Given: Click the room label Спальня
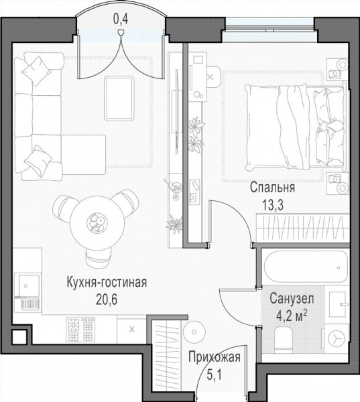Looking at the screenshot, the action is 272,188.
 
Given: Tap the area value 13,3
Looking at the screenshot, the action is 273,205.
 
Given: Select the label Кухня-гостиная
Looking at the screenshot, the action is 107,283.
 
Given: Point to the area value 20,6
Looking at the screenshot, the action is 107,299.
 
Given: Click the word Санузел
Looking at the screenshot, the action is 292,299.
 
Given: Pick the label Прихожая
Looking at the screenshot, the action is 215,357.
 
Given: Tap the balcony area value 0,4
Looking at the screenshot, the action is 121,19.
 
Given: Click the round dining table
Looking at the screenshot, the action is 98,222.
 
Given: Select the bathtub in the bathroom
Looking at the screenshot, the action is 304,267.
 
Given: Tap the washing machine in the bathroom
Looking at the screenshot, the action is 336,338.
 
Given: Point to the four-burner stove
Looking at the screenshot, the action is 80,330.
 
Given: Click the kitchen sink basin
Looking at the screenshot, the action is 27,285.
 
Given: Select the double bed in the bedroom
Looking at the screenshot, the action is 295,128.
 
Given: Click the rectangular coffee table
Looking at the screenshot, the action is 119,98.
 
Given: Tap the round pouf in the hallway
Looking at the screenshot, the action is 194,332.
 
